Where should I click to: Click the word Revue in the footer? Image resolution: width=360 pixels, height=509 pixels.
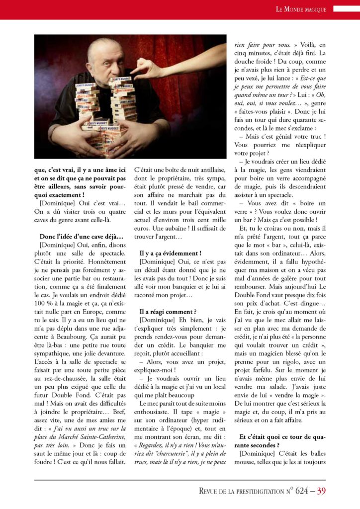tap(211, 492)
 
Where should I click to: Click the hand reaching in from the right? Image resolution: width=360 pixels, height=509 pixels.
tap(149, 68)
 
